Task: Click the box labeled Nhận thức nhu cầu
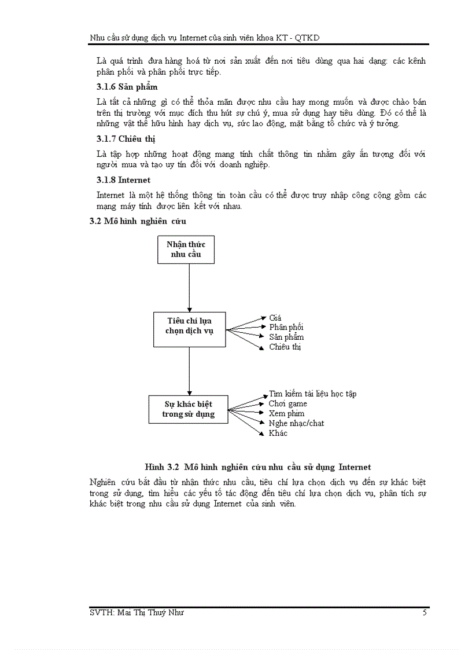pos(186,249)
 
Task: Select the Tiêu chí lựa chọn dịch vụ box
pos(190,326)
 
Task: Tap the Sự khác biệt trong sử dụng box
pos(189,409)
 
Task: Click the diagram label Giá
pos(275,317)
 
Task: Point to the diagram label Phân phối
pos(286,327)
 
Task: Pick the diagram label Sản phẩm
pos(286,337)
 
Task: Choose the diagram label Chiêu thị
pos(285,347)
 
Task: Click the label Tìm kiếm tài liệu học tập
pos(312,394)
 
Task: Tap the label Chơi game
pos(288,403)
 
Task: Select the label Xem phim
pos(286,413)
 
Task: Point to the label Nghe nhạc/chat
pos(296,423)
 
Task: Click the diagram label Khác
pos(278,433)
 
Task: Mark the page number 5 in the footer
pos(425,612)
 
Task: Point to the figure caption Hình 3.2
pos(257,467)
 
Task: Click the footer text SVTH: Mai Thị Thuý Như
pos(137,612)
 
